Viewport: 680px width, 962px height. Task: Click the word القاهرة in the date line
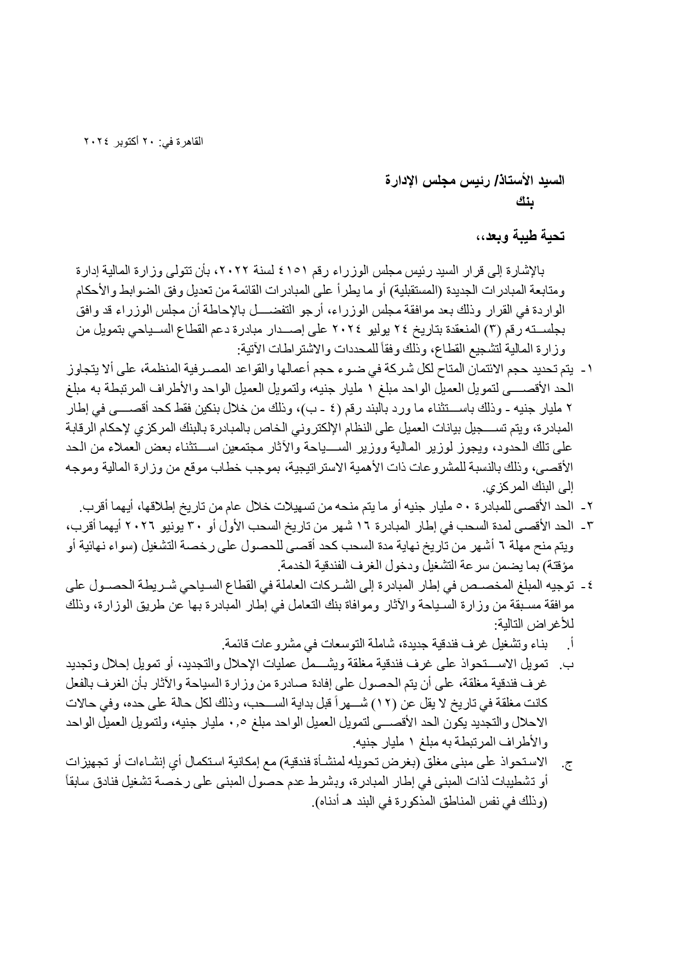tap(189, 141)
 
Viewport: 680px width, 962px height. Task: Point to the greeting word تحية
tap(551, 236)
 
